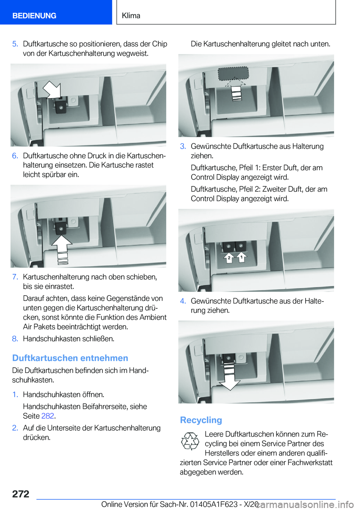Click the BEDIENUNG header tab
tap(34, 16)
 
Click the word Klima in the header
tap(131, 16)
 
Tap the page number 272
tap(21, 494)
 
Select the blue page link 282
tap(48, 416)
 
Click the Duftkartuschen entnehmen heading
tap(70, 358)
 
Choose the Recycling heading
tap(201, 420)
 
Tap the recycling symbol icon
tap(190, 441)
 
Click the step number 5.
tap(15, 44)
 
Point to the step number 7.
tap(15, 277)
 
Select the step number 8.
tap(15, 339)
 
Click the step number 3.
tap(183, 146)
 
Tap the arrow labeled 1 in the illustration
tap(242, 257)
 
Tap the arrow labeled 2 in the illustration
tap(229, 258)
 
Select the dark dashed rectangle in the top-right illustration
tap(233, 74)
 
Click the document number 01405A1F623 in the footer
tap(214, 505)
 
